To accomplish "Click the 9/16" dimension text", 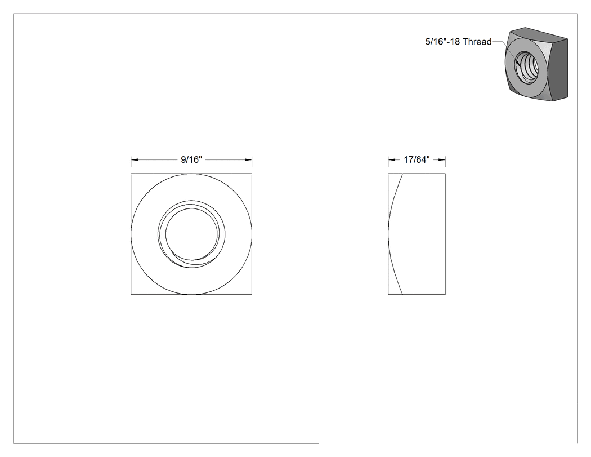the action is pos(191,159).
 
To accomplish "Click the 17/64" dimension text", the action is pos(417,159).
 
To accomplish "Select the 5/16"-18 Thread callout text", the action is pos(458,42).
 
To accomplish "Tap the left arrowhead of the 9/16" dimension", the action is pos(135,160).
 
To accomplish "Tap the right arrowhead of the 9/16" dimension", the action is pos(248,160).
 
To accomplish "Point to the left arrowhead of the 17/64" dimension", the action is pos(392,160).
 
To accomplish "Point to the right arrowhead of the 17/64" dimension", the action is pos(442,160).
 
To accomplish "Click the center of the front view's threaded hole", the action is pos(191,234).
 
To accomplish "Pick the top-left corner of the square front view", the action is pos(131,174).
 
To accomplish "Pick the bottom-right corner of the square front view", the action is pos(252,294).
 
